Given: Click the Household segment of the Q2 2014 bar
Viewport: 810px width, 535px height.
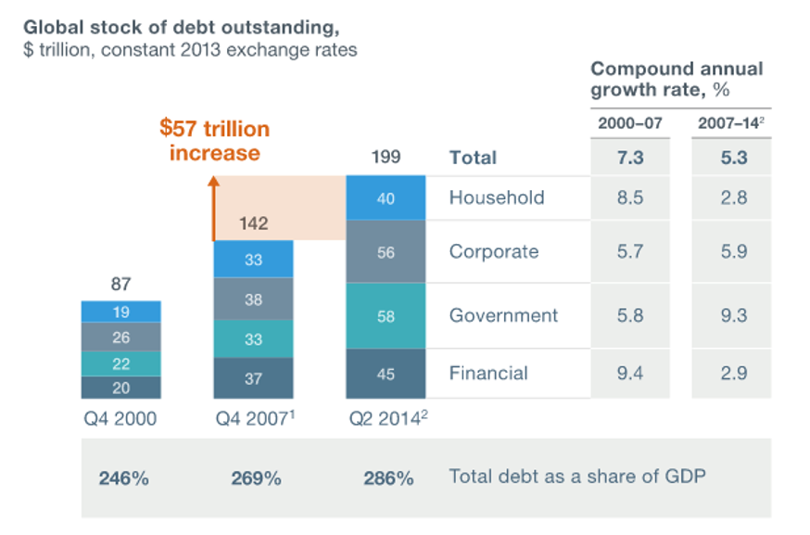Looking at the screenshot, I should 386,197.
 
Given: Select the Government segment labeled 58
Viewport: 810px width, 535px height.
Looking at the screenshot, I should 386,316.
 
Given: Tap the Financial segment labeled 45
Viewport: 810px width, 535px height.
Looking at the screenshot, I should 386,375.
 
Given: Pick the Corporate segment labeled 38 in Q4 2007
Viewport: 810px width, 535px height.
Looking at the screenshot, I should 254,299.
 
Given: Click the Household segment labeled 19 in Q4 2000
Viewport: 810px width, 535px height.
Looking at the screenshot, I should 121,312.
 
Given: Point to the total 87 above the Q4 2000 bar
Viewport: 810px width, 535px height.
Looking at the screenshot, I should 121,286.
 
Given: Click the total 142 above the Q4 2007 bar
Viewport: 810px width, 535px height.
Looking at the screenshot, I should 253,223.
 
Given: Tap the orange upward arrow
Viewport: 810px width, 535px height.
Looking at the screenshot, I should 212,209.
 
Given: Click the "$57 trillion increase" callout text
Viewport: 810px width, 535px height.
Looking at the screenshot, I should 214,140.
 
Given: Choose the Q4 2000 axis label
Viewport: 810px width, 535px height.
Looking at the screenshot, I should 121,419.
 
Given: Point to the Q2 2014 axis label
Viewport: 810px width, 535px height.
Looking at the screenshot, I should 386,419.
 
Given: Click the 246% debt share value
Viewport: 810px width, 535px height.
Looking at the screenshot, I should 123,478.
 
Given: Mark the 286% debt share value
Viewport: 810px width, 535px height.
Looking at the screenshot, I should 387,478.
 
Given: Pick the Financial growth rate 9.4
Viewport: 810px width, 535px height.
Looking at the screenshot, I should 632,374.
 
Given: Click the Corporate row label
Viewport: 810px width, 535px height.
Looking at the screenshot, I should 493,252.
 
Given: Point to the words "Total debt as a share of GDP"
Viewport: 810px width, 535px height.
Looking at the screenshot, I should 577,477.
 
